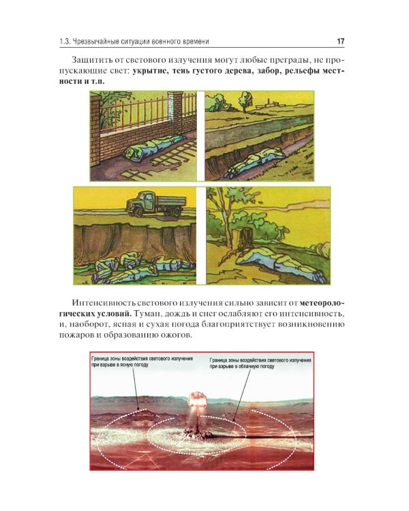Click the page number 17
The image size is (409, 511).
(341, 42)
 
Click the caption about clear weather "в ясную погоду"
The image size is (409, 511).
(117, 366)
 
